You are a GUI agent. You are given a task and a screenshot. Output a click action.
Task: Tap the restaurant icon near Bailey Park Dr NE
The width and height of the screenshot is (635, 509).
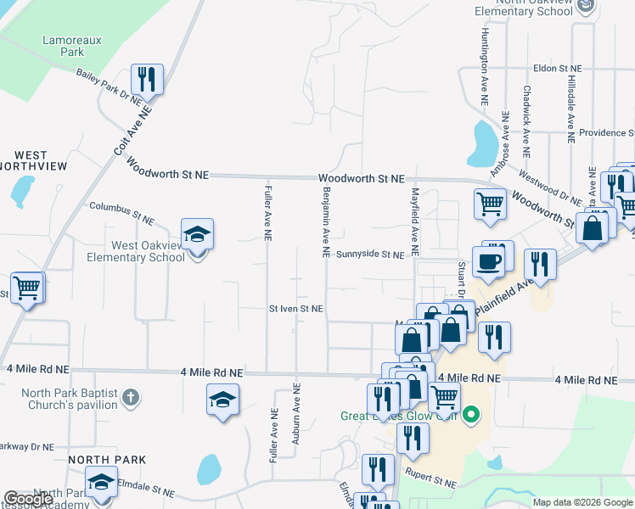click(147, 80)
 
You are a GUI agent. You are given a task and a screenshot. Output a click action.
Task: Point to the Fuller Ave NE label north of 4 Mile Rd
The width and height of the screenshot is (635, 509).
click(267, 213)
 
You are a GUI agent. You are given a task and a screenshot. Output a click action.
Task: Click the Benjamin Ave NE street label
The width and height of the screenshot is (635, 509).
click(325, 222)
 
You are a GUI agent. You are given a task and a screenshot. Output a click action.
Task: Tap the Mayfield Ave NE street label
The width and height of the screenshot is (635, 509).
click(415, 222)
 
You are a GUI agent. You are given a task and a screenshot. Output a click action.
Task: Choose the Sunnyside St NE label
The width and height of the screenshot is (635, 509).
click(369, 255)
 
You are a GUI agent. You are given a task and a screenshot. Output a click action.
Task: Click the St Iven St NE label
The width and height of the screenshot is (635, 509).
click(295, 310)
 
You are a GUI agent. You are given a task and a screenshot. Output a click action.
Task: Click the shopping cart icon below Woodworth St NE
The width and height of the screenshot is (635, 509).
click(490, 204)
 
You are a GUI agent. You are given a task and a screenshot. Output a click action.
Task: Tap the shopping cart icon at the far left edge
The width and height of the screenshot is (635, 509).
click(26, 288)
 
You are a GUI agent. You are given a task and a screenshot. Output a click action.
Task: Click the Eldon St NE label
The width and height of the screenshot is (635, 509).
click(557, 68)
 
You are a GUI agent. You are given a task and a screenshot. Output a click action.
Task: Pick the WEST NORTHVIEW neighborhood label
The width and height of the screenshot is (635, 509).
click(31, 160)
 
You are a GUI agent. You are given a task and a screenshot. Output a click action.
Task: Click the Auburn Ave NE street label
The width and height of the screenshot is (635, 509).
click(296, 413)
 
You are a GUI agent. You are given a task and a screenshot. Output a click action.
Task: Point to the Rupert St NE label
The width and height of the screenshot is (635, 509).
click(430, 479)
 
